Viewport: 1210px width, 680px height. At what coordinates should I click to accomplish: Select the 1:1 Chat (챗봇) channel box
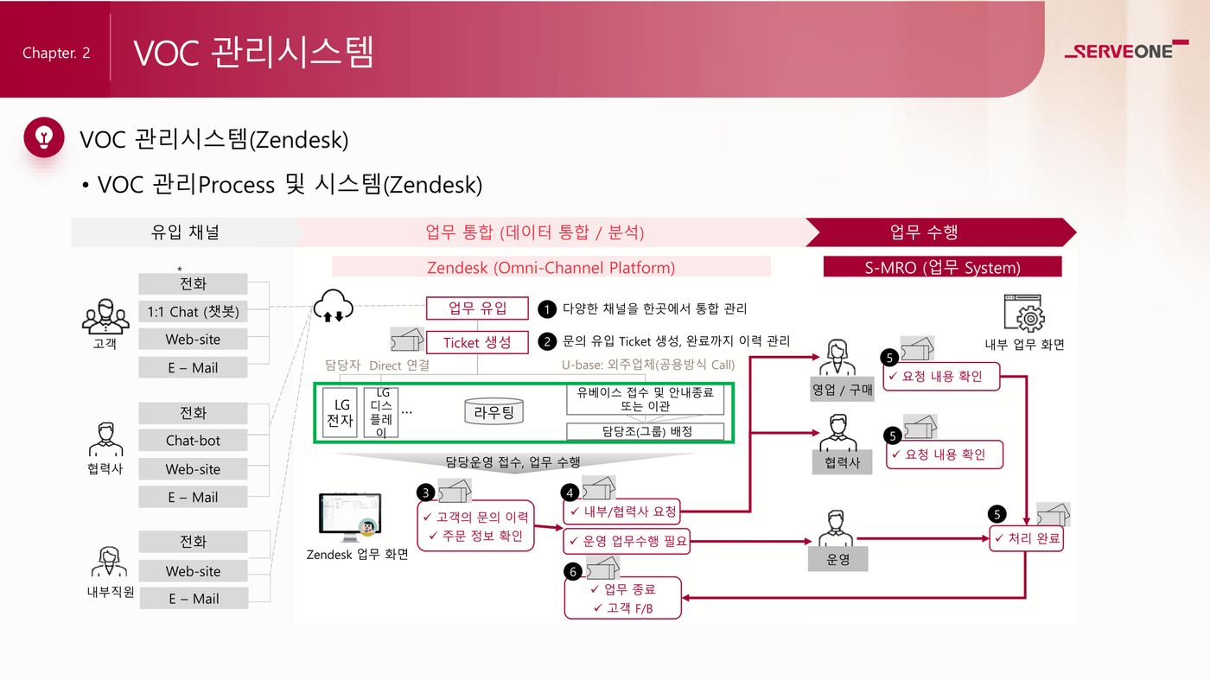click(193, 311)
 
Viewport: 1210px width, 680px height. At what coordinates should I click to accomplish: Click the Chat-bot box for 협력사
click(193, 441)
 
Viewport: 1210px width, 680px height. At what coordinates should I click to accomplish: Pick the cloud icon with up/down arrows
click(333, 305)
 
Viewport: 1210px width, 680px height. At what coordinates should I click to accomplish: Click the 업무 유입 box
click(476, 308)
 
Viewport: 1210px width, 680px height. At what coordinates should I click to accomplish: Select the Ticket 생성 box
click(476, 342)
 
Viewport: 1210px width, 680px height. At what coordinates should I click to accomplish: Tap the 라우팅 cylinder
click(494, 412)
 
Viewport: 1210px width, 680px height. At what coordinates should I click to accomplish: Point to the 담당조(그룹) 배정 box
click(645, 431)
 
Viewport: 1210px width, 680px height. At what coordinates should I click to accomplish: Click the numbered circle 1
click(546, 308)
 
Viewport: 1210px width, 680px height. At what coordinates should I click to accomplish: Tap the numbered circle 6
click(571, 571)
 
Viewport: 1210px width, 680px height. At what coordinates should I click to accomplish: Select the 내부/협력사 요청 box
click(621, 512)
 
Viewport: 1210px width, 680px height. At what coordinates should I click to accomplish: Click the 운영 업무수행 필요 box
click(627, 542)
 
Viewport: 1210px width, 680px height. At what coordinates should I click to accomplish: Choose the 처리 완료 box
click(1026, 539)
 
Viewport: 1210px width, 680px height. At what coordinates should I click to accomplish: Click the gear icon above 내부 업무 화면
click(1024, 313)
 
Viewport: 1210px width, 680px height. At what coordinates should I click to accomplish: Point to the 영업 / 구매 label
click(842, 390)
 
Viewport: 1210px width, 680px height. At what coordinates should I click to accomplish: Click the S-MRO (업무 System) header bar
click(942, 267)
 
